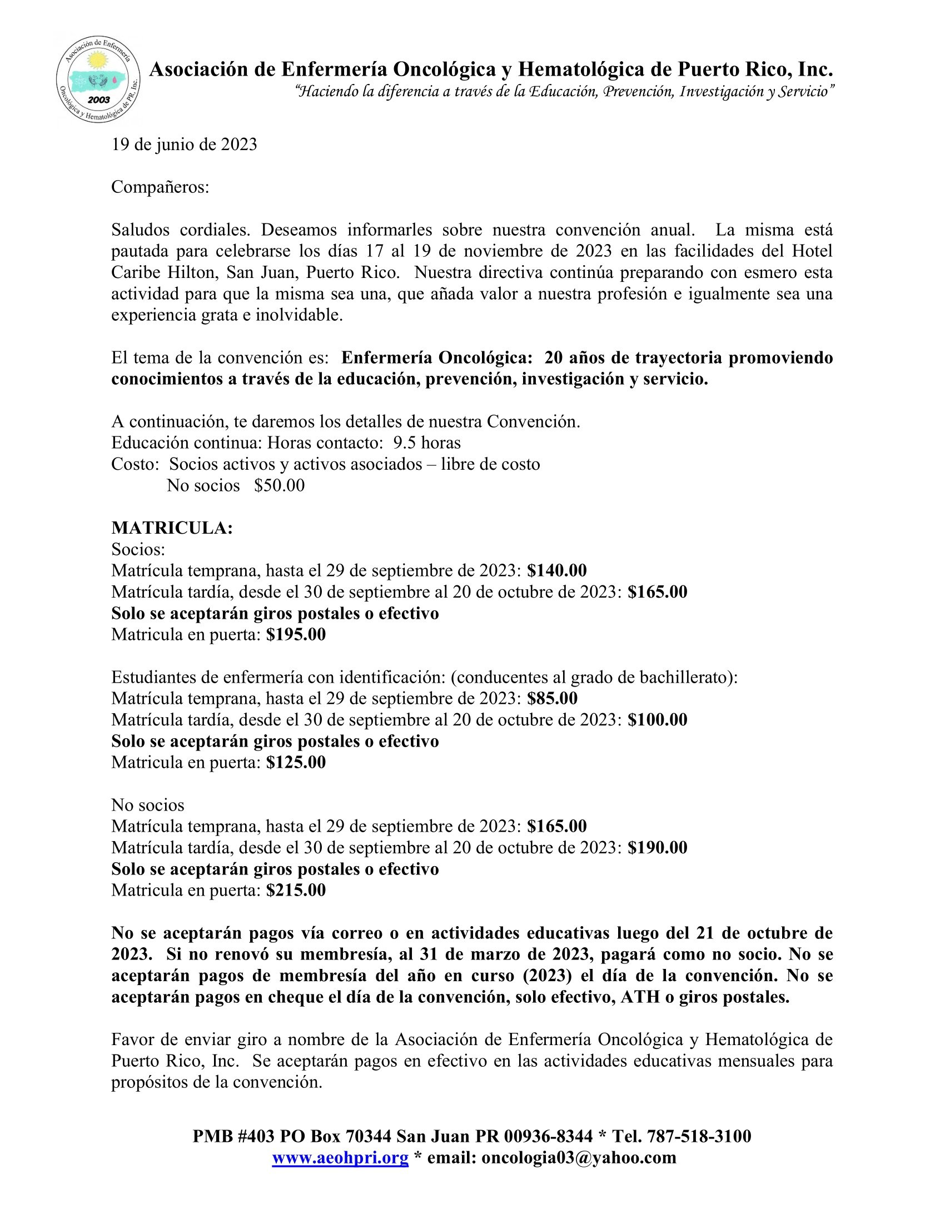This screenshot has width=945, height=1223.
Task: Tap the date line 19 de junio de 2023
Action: pyautogui.click(x=184, y=145)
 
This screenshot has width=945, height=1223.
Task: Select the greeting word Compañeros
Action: pyautogui.click(x=160, y=187)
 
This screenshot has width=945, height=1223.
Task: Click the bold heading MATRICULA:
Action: pyautogui.click(x=172, y=528)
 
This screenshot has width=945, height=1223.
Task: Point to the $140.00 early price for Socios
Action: pyautogui.click(x=556, y=570)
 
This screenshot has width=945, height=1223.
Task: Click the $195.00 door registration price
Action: pyautogui.click(x=296, y=634)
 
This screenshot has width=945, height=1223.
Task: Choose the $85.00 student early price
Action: pyautogui.click(x=552, y=698)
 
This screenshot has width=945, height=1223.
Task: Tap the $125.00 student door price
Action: pyautogui.click(x=296, y=762)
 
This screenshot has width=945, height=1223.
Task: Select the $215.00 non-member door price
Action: pyautogui.click(x=296, y=890)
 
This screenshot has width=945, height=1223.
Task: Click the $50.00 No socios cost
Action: pyautogui.click(x=279, y=485)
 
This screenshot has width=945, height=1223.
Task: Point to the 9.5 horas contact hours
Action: pyautogui.click(x=426, y=443)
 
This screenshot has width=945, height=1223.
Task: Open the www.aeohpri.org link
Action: pyautogui.click(x=340, y=1157)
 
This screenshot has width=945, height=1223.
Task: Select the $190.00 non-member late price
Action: pyautogui.click(x=657, y=847)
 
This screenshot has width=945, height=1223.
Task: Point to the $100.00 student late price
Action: pyautogui.click(x=657, y=719)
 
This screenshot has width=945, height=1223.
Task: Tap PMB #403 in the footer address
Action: pyautogui.click(x=233, y=1136)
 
